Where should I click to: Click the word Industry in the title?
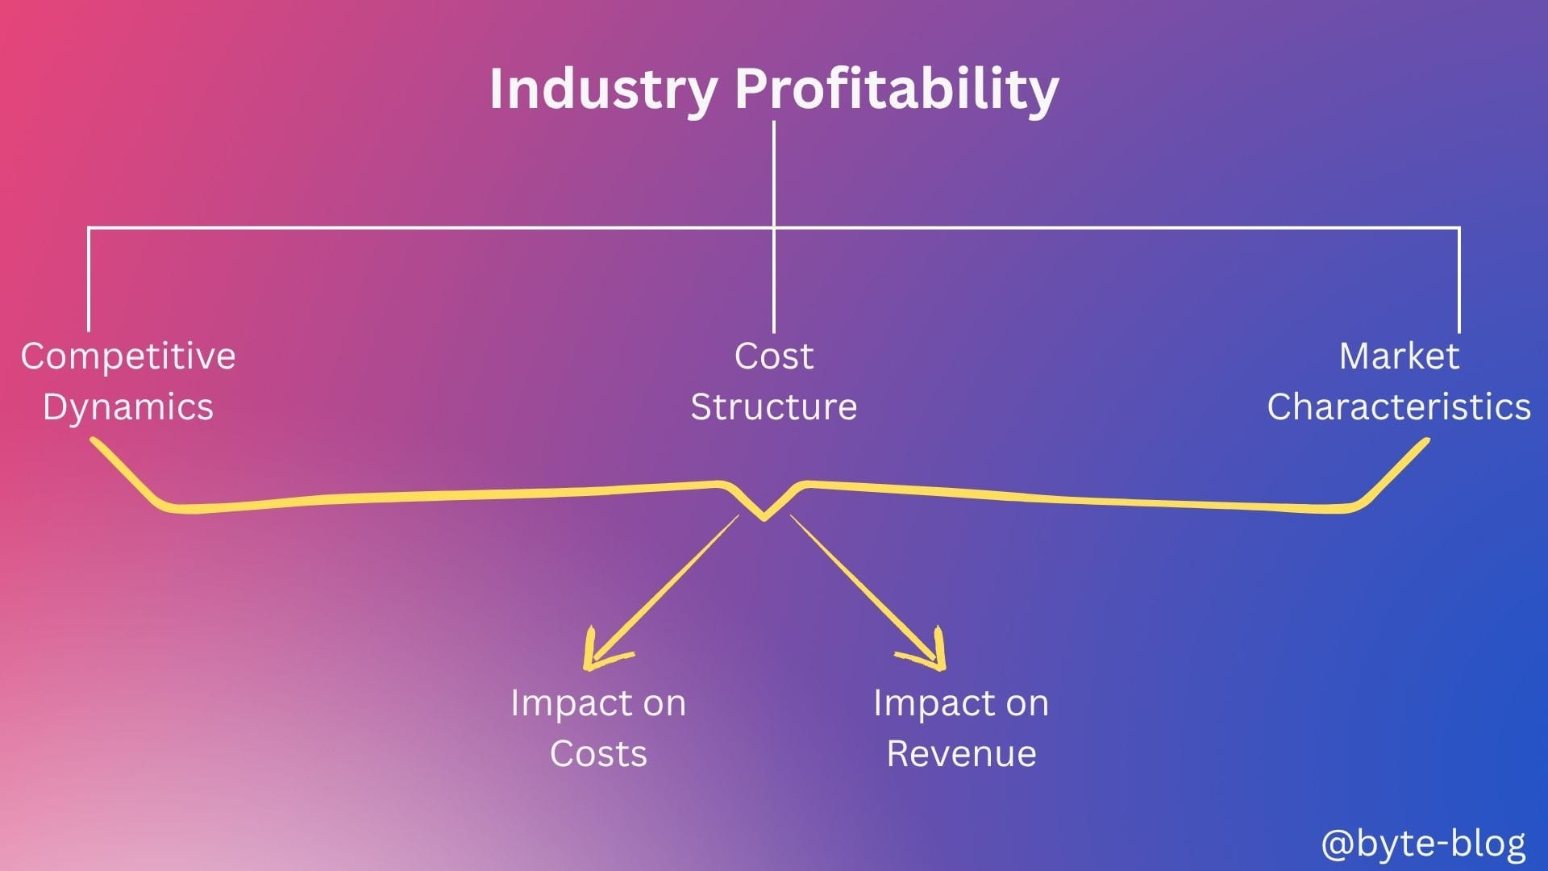[603, 90]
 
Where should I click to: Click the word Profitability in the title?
[897, 90]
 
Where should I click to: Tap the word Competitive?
[128, 356]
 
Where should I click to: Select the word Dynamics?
[128, 406]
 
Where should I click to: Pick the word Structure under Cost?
[774, 406]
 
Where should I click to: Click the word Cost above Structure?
[774, 356]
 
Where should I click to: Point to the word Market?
[1399, 356]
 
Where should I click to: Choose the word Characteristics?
[1399, 406]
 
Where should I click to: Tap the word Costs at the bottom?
[598, 754]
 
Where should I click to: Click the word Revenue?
[961, 754]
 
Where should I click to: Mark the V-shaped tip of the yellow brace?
[764, 519]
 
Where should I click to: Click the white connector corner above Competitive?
[89, 228]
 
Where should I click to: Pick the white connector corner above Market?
[1459, 228]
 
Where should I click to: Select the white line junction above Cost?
[774, 228]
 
